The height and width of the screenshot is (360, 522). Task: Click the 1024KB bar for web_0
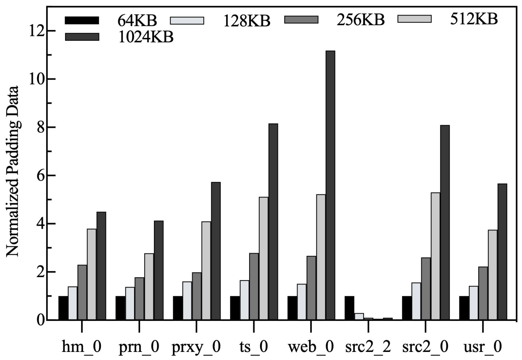coord(330,185)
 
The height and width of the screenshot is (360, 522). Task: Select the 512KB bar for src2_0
coord(435,256)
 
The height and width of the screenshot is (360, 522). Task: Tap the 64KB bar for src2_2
coord(349,308)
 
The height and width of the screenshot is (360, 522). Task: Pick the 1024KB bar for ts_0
coord(273,222)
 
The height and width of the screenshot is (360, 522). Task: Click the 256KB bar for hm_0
coord(82,292)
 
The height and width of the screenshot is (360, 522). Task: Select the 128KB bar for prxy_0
coord(187,301)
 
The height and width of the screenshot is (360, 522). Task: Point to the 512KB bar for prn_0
coord(149,286)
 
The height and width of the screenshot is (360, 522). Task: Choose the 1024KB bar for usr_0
coord(502,252)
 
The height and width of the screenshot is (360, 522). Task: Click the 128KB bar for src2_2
coord(359,317)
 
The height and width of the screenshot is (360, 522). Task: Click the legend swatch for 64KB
coord(82,20)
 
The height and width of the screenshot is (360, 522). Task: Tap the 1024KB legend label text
coord(146,37)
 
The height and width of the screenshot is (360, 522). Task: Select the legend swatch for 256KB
coord(301,20)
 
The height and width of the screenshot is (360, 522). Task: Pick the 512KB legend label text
coord(474,19)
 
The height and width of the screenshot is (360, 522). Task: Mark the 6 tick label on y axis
coord(40,176)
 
